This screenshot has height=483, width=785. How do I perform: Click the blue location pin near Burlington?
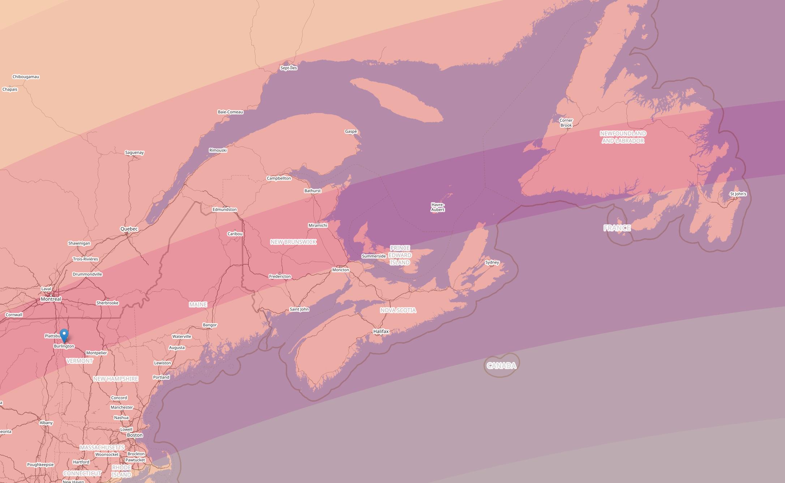pyautogui.click(x=64, y=335)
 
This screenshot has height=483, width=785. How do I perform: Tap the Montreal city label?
pyautogui.click(x=51, y=299)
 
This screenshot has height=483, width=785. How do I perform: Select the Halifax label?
pyautogui.click(x=381, y=331)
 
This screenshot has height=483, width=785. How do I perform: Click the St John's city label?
pyautogui.click(x=738, y=194)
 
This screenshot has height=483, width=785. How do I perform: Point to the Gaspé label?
pyautogui.click(x=351, y=131)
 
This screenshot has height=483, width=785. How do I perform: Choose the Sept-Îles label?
pyautogui.click(x=289, y=68)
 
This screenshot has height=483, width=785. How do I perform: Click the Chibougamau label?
pyautogui.click(x=26, y=77)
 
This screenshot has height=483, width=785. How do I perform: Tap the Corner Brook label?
pyautogui.click(x=566, y=123)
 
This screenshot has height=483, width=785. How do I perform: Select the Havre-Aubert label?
pyautogui.click(x=438, y=207)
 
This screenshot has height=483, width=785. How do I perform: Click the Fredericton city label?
pyautogui.click(x=280, y=277)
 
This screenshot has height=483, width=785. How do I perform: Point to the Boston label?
pyautogui.click(x=135, y=435)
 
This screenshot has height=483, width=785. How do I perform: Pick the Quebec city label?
pyautogui.click(x=129, y=229)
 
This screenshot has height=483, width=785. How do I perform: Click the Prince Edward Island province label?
pyautogui.click(x=400, y=255)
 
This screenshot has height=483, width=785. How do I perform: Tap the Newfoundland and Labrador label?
pyautogui.click(x=623, y=137)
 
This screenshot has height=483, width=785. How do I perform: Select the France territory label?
pyautogui.click(x=617, y=228)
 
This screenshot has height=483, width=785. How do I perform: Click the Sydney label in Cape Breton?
pyautogui.click(x=492, y=262)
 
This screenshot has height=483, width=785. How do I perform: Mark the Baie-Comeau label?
pyautogui.click(x=230, y=112)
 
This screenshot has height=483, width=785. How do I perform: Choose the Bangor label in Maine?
pyautogui.click(x=210, y=325)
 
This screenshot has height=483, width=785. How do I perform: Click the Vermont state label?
pyautogui.click(x=80, y=361)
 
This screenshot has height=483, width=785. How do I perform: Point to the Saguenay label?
pyautogui.click(x=134, y=152)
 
